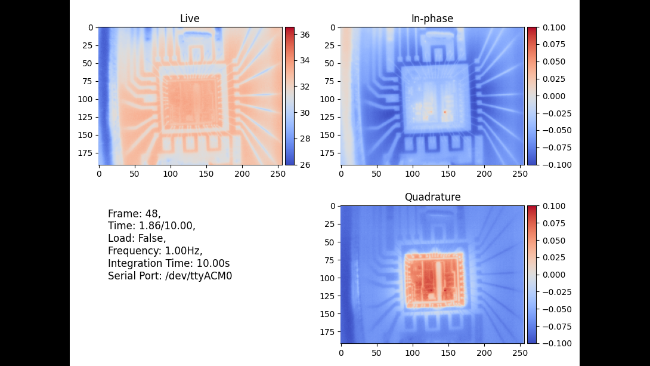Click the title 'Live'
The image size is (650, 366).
pos(190,19)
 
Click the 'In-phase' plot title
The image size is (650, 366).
pos(432,19)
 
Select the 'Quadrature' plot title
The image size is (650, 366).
pos(432,197)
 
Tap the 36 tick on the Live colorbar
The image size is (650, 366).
pos(304,35)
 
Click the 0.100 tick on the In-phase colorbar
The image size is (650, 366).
pos(553,27)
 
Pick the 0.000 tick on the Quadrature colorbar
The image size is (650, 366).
pos(553,275)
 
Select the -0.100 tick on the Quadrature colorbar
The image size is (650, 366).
pos(553,343)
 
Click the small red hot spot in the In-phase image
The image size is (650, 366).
pos(445,112)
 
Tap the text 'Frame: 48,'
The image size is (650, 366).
pos(134,214)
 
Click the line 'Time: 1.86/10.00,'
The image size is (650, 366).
pos(151,226)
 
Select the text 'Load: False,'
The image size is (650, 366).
pos(137,238)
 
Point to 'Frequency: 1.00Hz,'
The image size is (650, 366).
pos(155,251)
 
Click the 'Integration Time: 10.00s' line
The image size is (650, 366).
pos(169,263)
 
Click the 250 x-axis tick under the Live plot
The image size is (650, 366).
pos(278,173)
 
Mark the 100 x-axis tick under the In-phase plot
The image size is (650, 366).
pos(413,173)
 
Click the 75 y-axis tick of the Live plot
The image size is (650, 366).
pos(86,81)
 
